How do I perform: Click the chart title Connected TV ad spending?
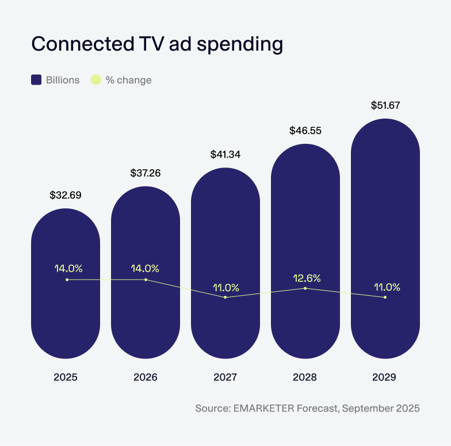tap(156, 44)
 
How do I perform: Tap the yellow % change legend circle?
tap(96, 80)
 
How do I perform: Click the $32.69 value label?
tap(66, 195)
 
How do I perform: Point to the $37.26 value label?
tap(146, 173)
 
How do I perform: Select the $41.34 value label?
tap(225, 154)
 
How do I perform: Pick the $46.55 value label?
tap(305, 131)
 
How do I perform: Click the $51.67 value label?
tap(385, 105)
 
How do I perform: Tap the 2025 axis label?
tap(66, 378)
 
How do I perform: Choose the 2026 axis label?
tap(146, 378)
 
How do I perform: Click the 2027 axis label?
tap(225, 378)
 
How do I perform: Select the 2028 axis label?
tap(305, 378)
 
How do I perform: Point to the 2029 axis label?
tap(385, 378)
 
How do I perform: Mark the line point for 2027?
tap(225, 297)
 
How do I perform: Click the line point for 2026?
tap(146, 280)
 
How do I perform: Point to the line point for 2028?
tap(305, 288)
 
